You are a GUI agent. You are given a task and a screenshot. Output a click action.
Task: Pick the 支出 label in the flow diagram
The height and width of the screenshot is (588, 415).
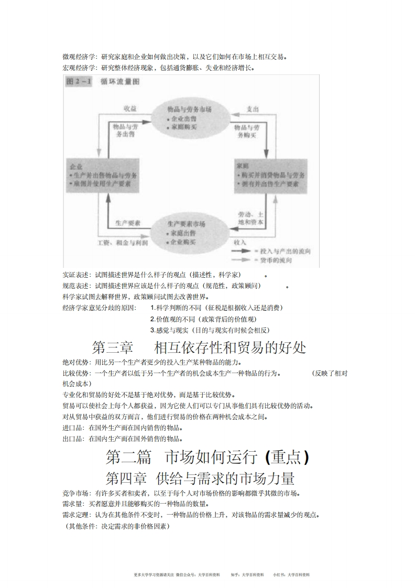(x=252, y=108)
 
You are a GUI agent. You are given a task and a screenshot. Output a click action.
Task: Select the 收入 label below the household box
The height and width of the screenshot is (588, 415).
(x=241, y=243)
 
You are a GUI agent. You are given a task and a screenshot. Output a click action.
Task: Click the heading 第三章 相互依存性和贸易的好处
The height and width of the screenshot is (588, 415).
(x=199, y=347)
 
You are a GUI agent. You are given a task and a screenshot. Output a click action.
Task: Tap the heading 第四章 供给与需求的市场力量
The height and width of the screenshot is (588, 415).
(x=200, y=477)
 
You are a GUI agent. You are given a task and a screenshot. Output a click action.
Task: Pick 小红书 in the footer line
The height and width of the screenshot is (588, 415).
(x=278, y=574)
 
